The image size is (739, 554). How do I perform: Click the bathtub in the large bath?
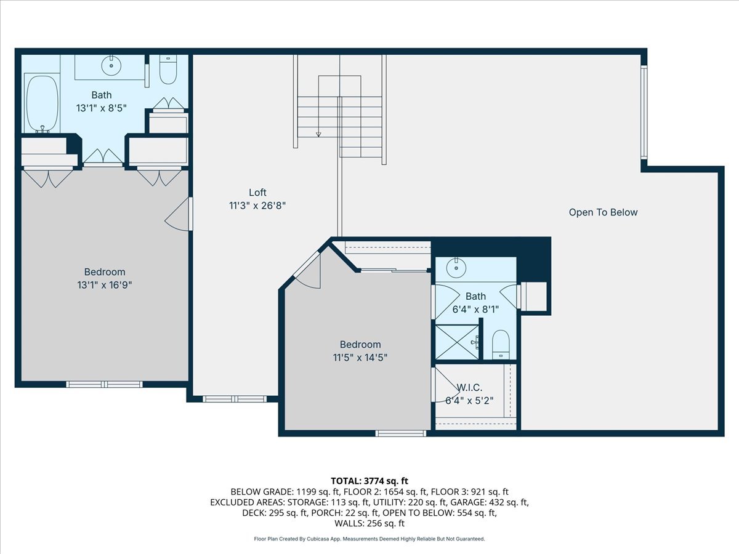[x=41, y=103]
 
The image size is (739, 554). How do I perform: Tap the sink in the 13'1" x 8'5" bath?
[x=111, y=65]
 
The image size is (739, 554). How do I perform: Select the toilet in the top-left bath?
[x=168, y=70]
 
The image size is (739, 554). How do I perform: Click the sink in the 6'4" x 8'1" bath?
[x=456, y=267]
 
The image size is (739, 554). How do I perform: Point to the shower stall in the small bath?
[x=456, y=342]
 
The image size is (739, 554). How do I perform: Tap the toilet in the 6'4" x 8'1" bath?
[x=501, y=344]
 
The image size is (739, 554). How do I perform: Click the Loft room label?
[x=257, y=193]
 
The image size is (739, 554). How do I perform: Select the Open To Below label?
[x=603, y=212]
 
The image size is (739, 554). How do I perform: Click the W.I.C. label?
[x=469, y=388]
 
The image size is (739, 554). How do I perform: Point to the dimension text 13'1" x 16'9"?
[x=105, y=285]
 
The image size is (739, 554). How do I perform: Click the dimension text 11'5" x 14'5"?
[x=360, y=357]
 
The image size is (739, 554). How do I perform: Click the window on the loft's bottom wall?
[x=235, y=399]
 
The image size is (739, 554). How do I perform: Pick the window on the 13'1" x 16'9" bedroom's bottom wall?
[x=104, y=384]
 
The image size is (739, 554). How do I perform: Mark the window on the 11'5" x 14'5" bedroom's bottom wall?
[x=401, y=433]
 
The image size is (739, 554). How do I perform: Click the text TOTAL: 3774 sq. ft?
[x=369, y=481]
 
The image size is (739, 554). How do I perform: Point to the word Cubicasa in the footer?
[x=317, y=539]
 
